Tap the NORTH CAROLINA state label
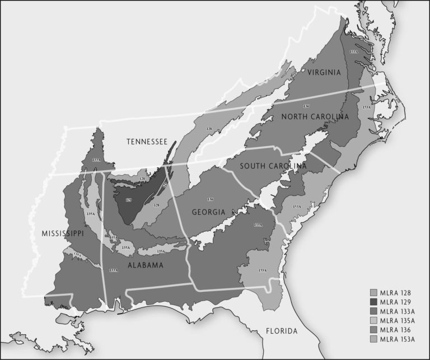315,116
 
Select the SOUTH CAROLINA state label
273,166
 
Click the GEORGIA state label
208,212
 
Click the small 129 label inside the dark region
129,199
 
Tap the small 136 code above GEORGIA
210,199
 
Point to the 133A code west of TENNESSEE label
96,160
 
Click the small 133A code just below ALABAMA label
114,270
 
